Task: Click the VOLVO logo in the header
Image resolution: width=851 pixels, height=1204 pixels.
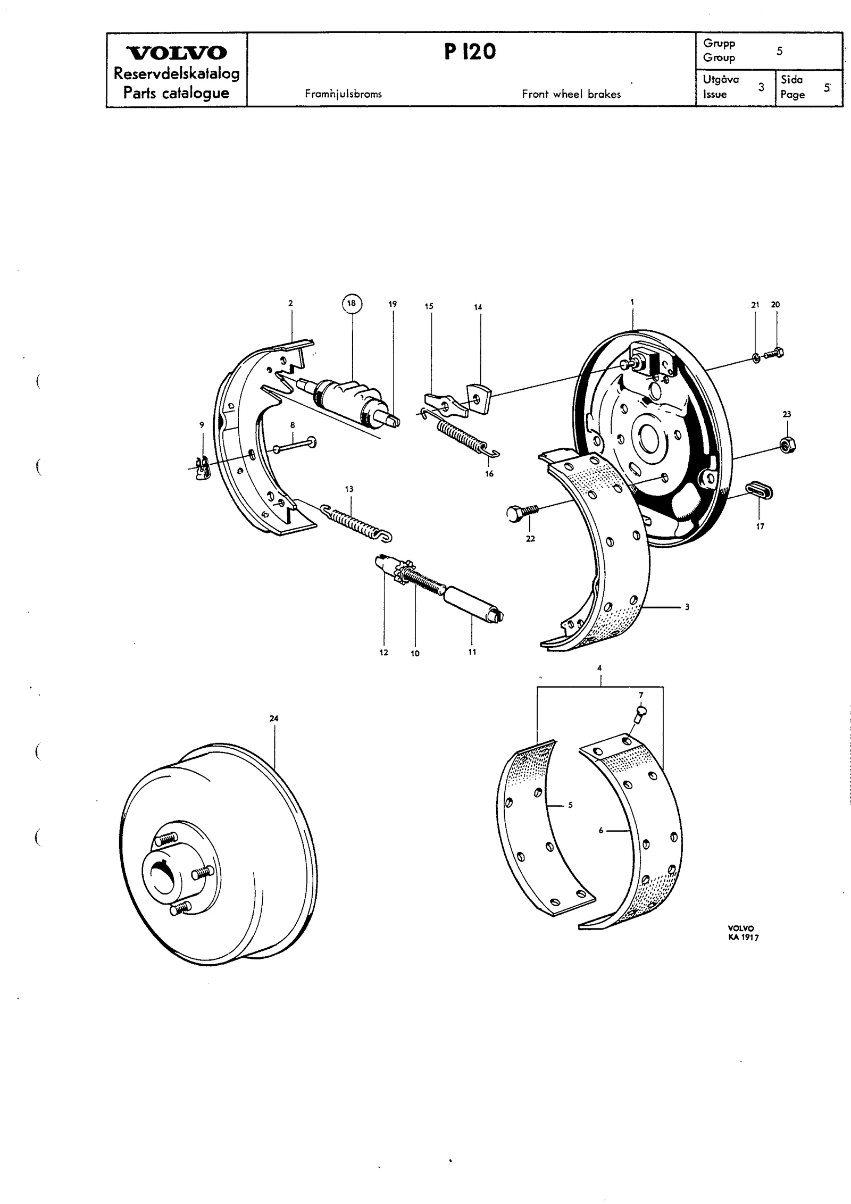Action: (176, 53)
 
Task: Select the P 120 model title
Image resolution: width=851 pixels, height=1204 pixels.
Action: (470, 52)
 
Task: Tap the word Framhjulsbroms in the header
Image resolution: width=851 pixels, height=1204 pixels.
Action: (343, 94)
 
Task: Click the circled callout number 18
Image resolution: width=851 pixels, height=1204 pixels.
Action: (351, 304)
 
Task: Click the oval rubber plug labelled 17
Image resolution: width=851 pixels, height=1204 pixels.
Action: (759, 490)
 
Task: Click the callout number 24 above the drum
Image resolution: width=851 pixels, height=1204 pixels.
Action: (274, 718)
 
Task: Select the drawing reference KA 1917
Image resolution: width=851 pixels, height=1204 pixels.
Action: (744, 937)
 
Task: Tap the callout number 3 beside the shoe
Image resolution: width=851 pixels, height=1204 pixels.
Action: (687, 606)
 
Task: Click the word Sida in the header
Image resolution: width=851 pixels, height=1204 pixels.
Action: (791, 80)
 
